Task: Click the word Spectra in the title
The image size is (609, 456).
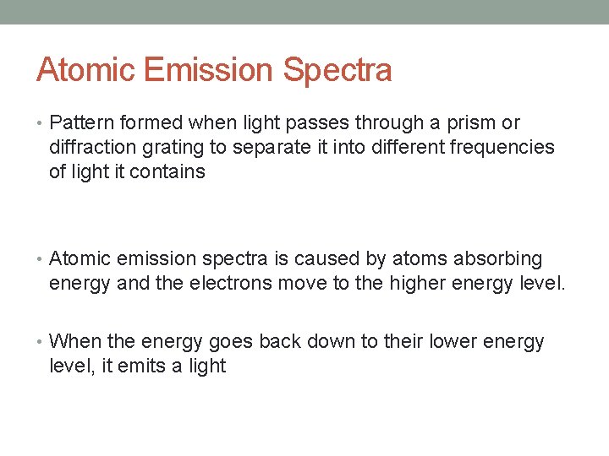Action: coord(337,70)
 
